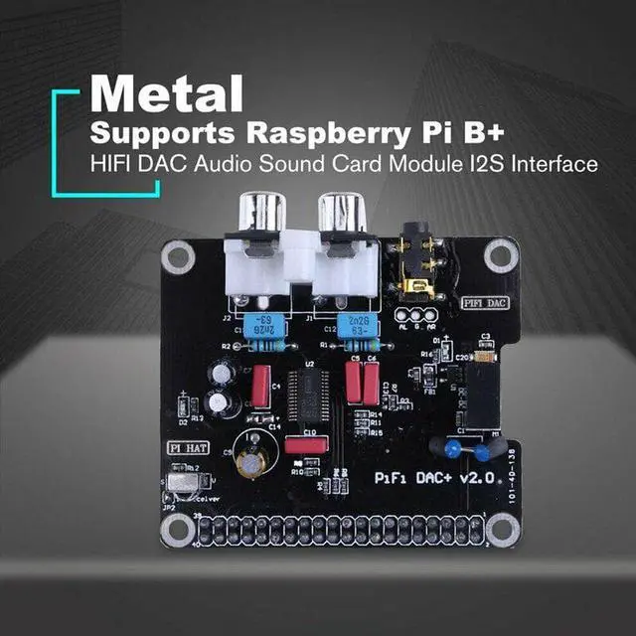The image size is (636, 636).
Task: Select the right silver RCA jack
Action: [344, 211]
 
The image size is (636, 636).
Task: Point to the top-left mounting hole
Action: [179, 258]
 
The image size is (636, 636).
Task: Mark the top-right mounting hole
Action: [499, 255]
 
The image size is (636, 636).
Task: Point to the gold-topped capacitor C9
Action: [252, 457]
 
